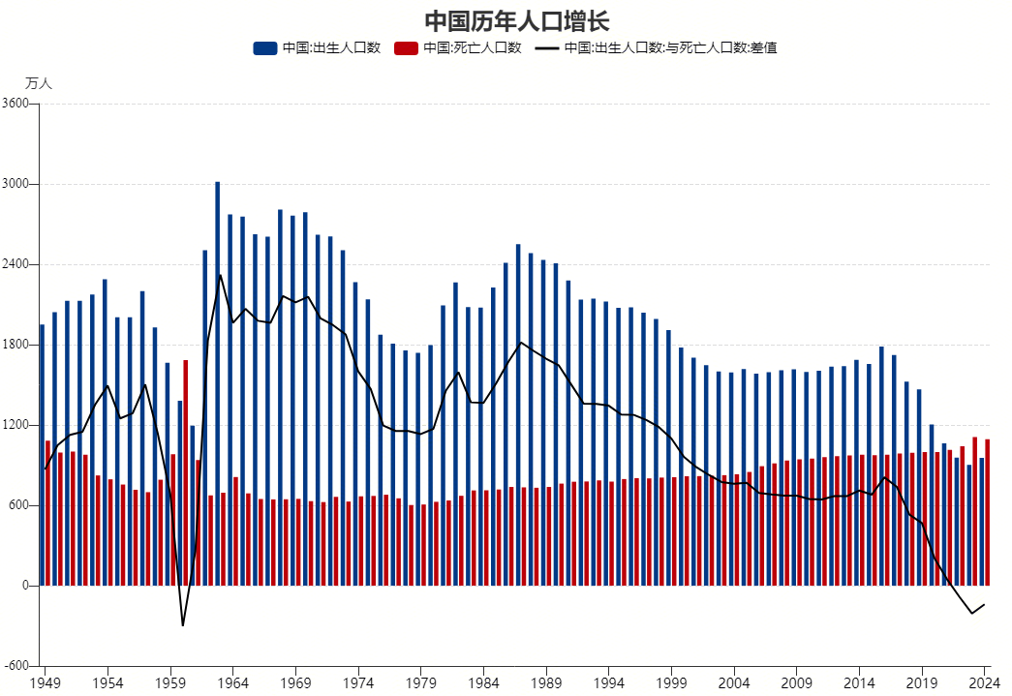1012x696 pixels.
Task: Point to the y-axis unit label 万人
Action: click(39, 84)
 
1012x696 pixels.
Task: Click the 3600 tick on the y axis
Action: click(20, 104)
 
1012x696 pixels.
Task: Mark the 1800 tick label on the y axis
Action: click(20, 345)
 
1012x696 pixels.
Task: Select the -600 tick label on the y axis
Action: click(18, 666)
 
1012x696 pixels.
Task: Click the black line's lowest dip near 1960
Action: click(183, 624)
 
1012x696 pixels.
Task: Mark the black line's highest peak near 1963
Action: click(220, 275)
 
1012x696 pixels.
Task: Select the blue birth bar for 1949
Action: click(42, 455)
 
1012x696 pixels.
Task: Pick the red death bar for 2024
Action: click(987, 513)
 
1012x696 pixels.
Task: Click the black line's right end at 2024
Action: click(984, 605)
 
